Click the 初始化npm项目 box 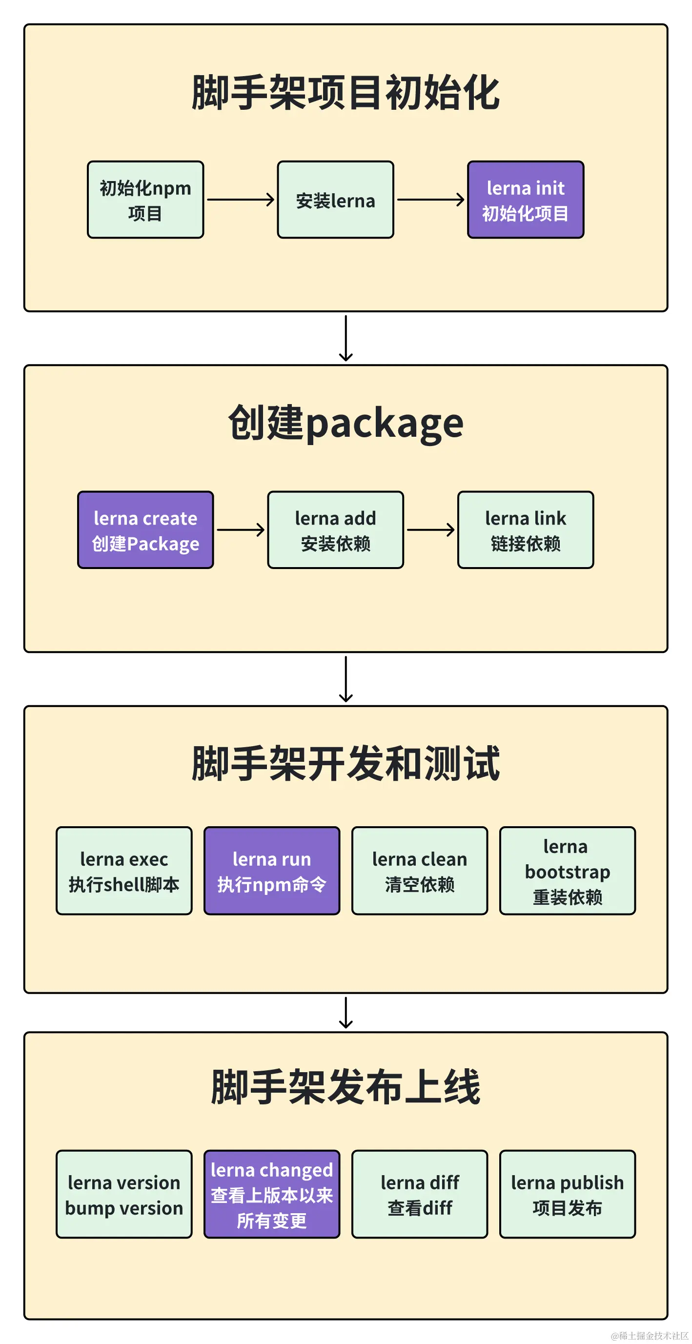[x=145, y=200]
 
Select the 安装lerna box [x=335, y=200]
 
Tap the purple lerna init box [x=525, y=200]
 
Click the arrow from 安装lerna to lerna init [x=430, y=199]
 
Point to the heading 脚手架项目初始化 [x=346, y=93]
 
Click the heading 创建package [x=346, y=423]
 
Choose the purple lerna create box [x=145, y=530]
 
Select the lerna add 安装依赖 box [x=335, y=530]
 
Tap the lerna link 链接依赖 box [x=525, y=530]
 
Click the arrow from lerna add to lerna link [x=430, y=530]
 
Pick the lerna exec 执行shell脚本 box [x=123, y=871]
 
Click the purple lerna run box [x=271, y=871]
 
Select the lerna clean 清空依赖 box [x=419, y=871]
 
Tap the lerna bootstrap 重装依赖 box [x=567, y=871]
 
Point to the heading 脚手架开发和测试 [x=346, y=764]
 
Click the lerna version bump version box [x=123, y=1194]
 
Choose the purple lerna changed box [x=271, y=1194]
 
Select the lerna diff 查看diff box [x=419, y=1194]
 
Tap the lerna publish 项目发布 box [x=567, y=1194]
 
